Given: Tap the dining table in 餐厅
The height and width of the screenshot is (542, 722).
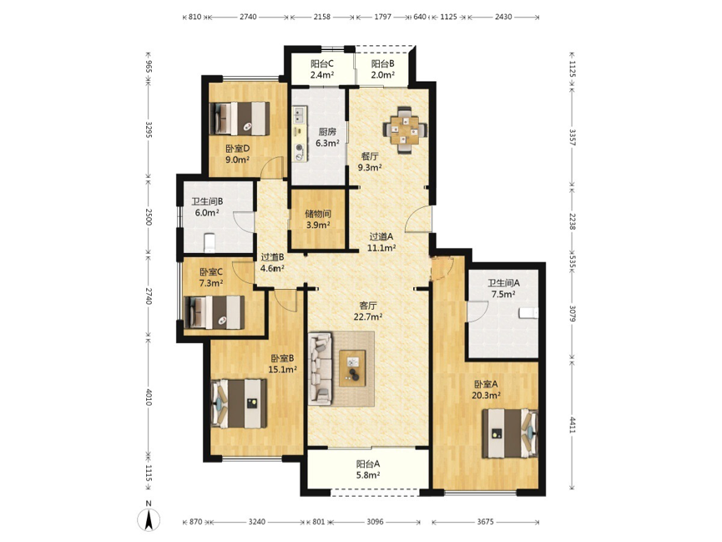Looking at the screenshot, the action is (x=405, y=130).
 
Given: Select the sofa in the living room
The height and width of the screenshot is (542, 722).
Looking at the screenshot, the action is (x=321, y=369).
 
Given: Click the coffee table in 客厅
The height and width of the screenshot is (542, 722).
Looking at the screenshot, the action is (x=352, y=368).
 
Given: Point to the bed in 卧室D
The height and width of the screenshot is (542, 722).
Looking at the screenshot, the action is (x=240, y=119).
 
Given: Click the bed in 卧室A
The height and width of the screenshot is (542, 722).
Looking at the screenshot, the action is (x=510, y=433).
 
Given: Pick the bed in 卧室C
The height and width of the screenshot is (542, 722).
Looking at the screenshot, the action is (x=215, y=312).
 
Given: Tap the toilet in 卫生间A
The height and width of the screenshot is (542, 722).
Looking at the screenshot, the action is (x=528, y=312).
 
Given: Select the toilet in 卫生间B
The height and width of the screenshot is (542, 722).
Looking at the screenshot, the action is (x=210, y=243).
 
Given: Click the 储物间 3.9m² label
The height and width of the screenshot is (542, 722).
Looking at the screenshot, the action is (x=318, y=220).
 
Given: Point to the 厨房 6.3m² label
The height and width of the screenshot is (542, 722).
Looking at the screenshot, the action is (x=327, y=137).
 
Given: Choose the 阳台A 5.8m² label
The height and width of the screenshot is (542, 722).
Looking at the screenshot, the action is (x=367, y=469).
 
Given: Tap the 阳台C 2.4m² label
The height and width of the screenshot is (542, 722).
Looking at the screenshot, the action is (x=322, y=69).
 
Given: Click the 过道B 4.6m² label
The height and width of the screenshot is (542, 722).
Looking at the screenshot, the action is (x=273, y=263).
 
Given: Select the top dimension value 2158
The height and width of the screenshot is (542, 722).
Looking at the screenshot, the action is (x=322, y=17).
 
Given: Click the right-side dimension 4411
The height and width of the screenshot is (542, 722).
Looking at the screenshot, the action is (x=573, y=424).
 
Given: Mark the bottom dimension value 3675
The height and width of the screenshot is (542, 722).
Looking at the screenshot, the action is (x=485, y=522).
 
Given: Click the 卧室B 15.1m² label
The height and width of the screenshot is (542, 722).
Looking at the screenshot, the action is (x=282, y=363).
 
